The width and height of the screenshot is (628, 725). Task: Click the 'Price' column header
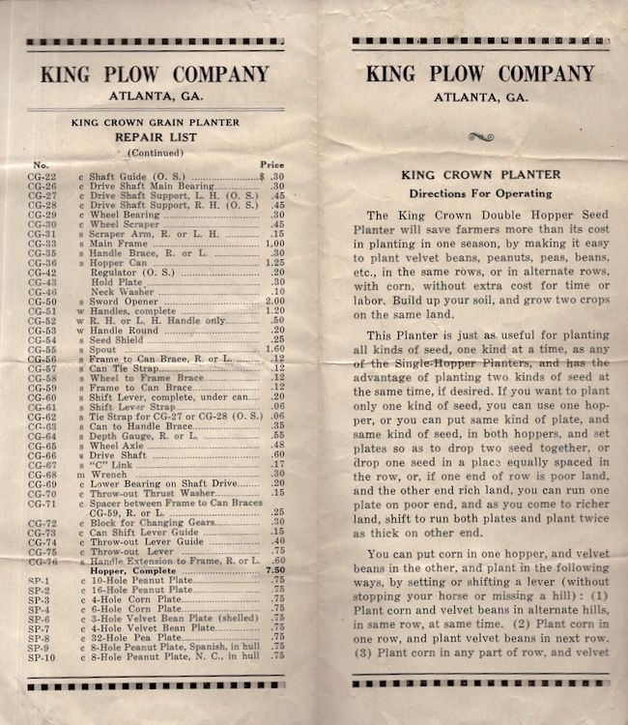(x=272, y=165)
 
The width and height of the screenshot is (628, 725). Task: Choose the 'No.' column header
(x=42, y=165)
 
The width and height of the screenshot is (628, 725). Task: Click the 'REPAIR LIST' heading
(x=154, y=137)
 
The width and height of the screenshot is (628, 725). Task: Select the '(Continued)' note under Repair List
(x=154, y=152)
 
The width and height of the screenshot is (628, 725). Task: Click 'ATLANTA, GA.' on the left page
(x=154, y=94)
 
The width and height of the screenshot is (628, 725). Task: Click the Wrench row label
(x=107, y=474)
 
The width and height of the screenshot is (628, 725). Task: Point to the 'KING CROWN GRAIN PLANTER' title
(x=154, y=123)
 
